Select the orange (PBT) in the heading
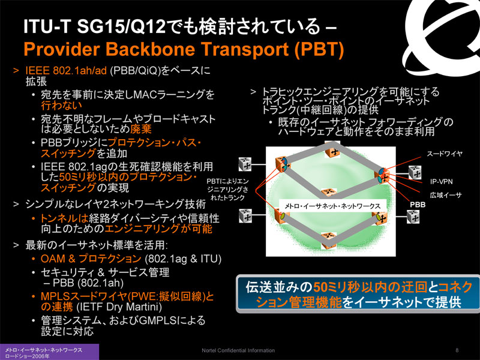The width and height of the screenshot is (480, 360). click(x=319, y=49)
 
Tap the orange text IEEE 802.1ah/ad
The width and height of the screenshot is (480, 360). click(x=66, y=71)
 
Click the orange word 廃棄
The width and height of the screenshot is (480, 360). click(x=141, y=129)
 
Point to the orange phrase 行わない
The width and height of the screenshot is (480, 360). click(x=62, y=106)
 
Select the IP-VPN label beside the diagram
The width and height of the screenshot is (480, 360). click(x=441, y=182)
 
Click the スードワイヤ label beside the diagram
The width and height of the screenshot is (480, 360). click(x=445, y=154)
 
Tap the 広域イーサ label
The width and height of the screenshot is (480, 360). click(x=445, y=195)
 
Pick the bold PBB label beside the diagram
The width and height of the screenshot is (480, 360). click(x=418, y=205)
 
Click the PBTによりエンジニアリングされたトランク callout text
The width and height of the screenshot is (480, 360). click(x=227, y=190)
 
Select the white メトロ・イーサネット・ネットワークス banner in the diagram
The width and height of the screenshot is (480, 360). click(x=332, y=206)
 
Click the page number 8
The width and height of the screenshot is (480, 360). click(x=457, y=350)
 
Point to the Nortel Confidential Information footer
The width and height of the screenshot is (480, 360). click(x=238, y=350)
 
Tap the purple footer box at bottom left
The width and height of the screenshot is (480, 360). click(x=49, y=352)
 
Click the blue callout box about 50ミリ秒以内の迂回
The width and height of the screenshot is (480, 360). click(x=358, y=294)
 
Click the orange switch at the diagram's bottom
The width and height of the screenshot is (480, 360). click(x=329, y=241)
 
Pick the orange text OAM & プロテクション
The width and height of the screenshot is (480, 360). click(x=91, y=259)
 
